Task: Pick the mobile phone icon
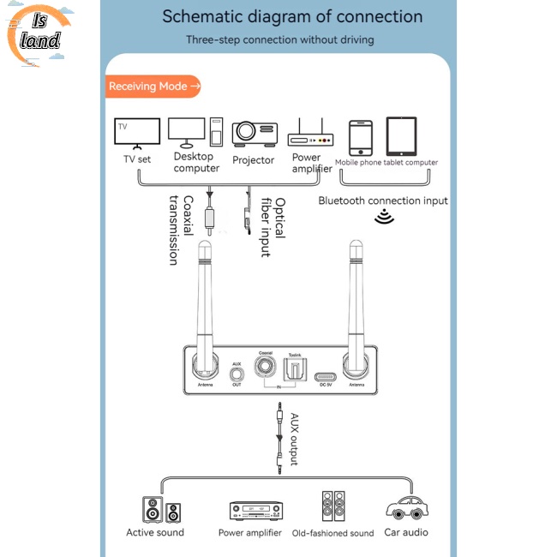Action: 361,136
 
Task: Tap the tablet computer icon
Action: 401,135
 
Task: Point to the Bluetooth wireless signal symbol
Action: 383,218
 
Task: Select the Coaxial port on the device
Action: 266,369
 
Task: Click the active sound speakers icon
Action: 162,510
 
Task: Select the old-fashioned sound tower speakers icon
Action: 333,507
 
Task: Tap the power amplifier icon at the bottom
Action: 255,512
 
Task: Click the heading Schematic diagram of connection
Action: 292,16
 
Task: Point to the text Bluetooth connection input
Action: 383,201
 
